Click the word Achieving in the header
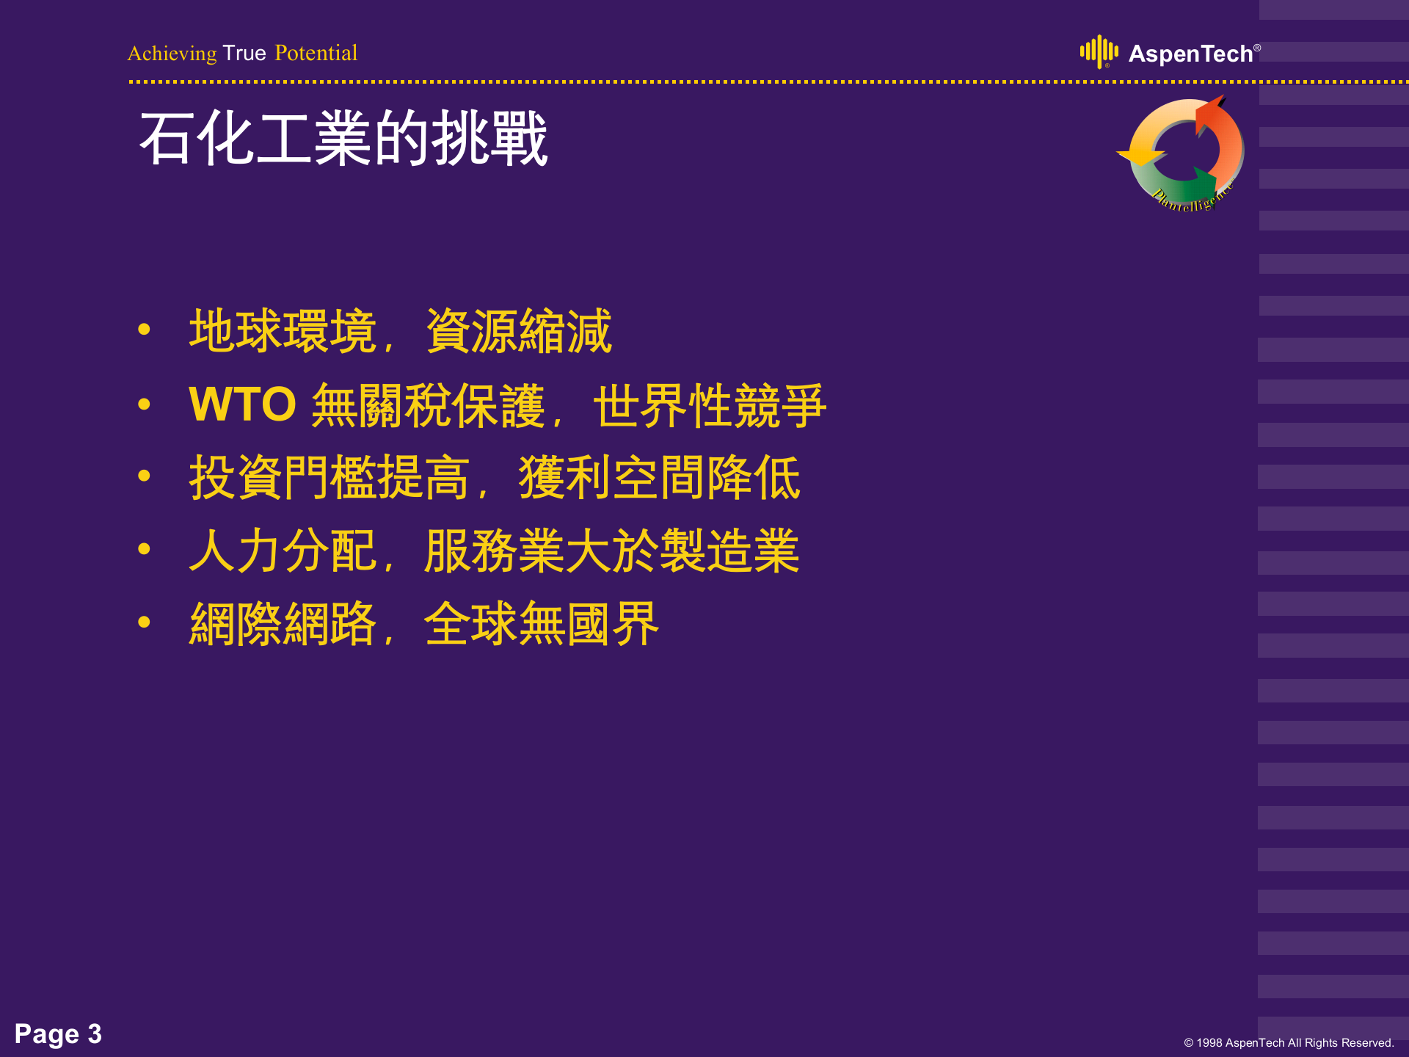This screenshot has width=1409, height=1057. pyautogui.click(x=172, y=54)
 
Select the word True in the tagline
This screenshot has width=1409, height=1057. pyautogui.click(x=244, y=54)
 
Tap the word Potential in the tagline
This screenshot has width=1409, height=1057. pyautogui.click(x=316, y=54)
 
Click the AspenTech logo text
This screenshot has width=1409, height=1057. pyautogui.click(x=1190, y=54)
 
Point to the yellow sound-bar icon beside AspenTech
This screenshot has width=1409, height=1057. pyautogui.click(x=1099, y=51)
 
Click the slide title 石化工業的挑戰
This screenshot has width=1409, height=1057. pyautogui.click(x=343, y=139)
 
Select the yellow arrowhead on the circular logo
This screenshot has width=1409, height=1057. pyautogui.click(x=1140, y=155)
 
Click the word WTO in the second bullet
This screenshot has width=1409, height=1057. pyautogui.click(x=242, y=404)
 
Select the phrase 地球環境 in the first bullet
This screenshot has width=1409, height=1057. pyautogui.click(x=283, y=331)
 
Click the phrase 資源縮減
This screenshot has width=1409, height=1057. pyautogui.click(x=518, y=331)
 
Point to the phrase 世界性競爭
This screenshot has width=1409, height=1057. pyautogui.click(x=709, y=404)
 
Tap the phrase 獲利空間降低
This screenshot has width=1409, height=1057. pyautogui.click(x=659, y=478)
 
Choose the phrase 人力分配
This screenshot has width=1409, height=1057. pyautogui.click(x=283, y=551)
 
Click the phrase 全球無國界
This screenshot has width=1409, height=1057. pyautogui.click(x=542, y=625)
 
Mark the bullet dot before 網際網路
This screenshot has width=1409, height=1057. pyautogui.click(x=144, y=622)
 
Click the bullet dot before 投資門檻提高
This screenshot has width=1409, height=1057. pyautogui.click(x=144, y=476)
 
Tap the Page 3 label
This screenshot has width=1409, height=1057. pyautogui.click(x=58, y=1034)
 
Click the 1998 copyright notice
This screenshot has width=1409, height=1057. pyautogui.click(x=1289, y=1043)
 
